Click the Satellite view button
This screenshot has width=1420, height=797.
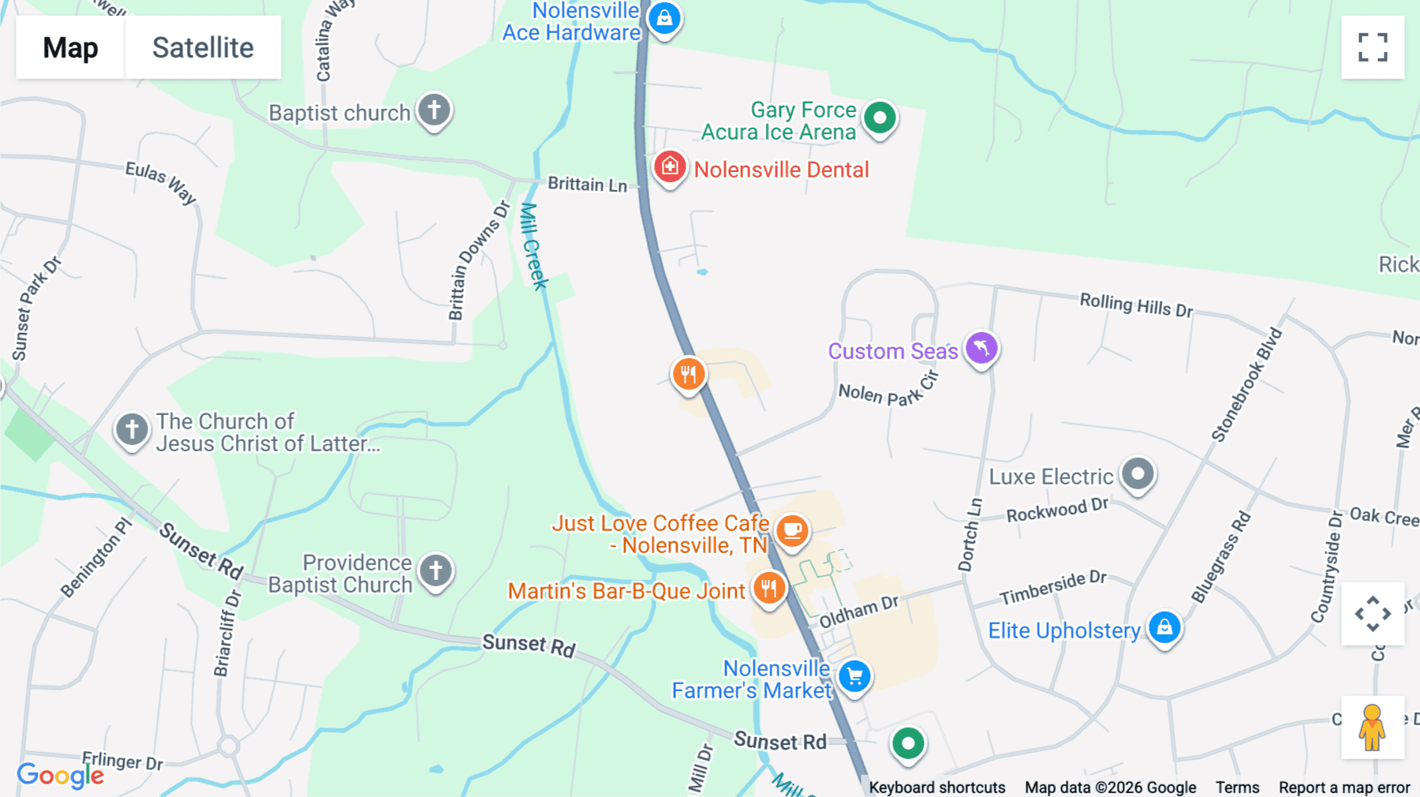click(x=203, y=47)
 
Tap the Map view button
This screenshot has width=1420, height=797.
click(x=70, y=47)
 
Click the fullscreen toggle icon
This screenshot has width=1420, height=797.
click(x=1373, y=47)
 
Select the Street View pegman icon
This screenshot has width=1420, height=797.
click(x=1373, y=728)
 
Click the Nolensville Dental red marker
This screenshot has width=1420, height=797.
click(x=669, y=167)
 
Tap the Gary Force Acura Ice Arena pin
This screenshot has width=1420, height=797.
click(x=880, y=118)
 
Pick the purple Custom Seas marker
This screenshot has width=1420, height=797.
click(x=981, y=348)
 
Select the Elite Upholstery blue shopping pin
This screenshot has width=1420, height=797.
click(x=1164, y=628)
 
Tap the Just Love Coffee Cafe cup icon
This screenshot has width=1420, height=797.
click(x=792, y=530)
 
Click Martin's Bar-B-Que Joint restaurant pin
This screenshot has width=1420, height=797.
click(x=768, y=589)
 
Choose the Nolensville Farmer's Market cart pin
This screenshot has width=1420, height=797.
click(x=854, y=676)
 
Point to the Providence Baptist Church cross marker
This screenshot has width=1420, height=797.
click(x=435, y=571)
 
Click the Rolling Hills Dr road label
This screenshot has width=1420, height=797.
click(x=1136, y=305)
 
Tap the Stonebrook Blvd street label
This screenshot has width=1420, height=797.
click(x=1246, y=385)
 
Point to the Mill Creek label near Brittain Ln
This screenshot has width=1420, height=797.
click(x=533, y=246)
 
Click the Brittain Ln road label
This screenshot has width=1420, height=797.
click(x=587, y=184)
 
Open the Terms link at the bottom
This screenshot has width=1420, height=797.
click(x=1237, y=787)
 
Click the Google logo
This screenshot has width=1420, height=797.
click(x=60, y=775)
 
